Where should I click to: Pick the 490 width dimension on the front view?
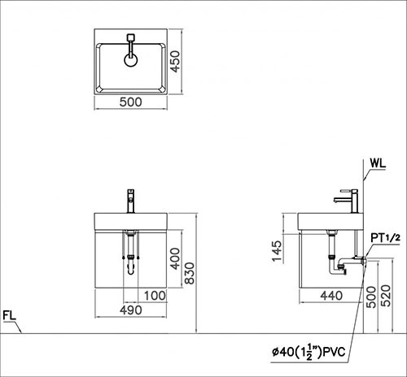pos(132,310)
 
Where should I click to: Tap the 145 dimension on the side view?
pos(277,247)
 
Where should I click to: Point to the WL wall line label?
pos(376,161)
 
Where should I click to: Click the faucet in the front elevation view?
pos(130,199)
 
